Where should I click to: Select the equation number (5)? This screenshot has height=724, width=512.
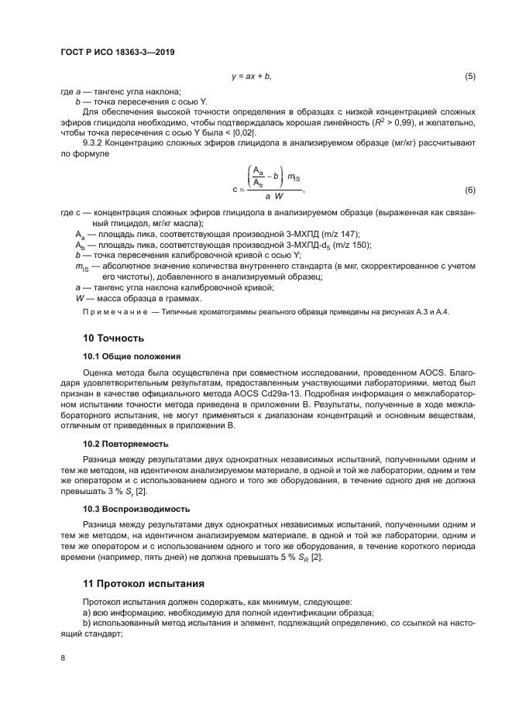coord(469,77)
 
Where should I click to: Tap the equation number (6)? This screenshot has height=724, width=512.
coord(469,190)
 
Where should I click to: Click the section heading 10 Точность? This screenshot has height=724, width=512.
coord(113,338)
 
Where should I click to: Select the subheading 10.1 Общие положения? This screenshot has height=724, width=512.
coord(132,356)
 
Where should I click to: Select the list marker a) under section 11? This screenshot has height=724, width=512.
coord(87,612)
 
